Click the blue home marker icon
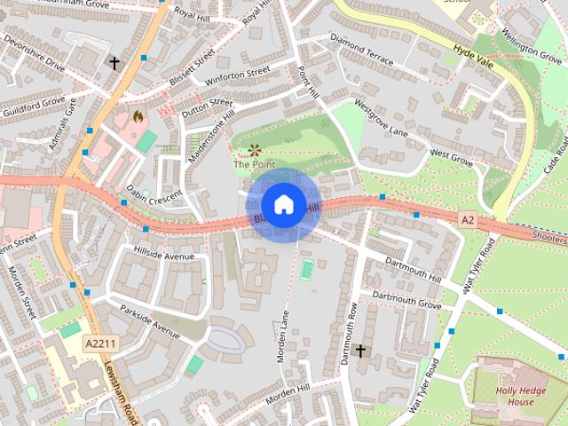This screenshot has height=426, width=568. coord(282,204)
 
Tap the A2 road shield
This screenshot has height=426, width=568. coord(468,218)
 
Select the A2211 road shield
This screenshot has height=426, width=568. coord(99,343)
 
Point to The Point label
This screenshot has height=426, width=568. coord(254,164)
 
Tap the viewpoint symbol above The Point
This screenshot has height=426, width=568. coord(255,149)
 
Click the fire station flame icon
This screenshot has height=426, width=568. coord(137,115)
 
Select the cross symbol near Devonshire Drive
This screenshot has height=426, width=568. coord(114,63)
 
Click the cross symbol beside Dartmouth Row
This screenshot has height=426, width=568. coord(360,351)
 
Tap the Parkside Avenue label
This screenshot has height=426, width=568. coord(150,318)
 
